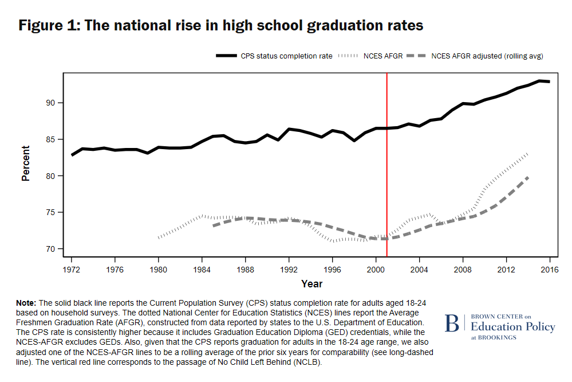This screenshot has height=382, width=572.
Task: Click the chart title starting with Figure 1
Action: click(x=220, y=26)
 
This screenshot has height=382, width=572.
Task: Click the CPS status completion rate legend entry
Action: click(x=274, y=56)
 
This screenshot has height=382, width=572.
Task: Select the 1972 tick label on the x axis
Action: click(x=72, y=268)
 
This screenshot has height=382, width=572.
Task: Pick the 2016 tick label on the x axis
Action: click(x=550, y=268)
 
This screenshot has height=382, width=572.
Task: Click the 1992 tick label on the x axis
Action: click(x=289, y=268)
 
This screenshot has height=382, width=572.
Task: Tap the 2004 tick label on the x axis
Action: click(x=419, y=268)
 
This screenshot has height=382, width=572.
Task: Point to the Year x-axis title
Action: click(x=311, y=283)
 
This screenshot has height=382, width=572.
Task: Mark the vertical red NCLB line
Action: click(x=387, y=172)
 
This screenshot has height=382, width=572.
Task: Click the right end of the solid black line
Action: click(x=549, y=81)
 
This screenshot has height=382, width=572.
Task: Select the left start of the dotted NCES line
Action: click(x=159, y=237)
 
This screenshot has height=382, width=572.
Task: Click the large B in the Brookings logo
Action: click(x=452, y=323)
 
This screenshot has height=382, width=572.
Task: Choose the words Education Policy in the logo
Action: click(x=512, y=327)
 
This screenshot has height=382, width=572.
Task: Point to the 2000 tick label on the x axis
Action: click(x=376, y=268)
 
